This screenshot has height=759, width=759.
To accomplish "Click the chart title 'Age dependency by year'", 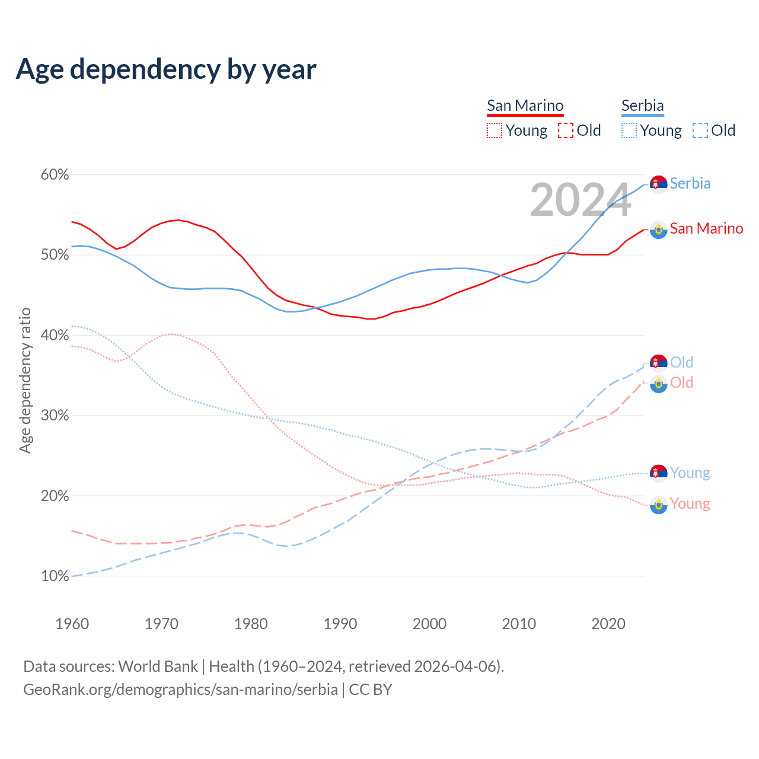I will [166, 69].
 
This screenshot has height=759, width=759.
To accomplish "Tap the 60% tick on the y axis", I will [55, 175].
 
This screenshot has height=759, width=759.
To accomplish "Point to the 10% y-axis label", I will [55, 576].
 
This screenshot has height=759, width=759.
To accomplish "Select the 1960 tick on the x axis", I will [72, 624].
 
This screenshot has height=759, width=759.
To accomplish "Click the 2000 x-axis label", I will [429, 624].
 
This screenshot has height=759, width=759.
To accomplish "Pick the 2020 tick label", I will [608, 624].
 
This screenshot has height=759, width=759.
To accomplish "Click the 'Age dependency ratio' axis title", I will [25, 380].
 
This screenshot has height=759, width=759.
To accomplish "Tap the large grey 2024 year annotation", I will [581, 200].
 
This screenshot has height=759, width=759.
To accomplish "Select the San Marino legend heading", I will [525, 106].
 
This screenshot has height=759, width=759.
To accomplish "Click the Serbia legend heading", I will [642, 106].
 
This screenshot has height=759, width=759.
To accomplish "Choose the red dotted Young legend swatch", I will [495, 130].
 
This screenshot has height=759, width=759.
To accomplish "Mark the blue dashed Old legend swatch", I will [700, 130].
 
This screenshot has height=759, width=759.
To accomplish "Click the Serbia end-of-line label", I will [690, 183].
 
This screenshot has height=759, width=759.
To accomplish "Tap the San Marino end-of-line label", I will [706, 228].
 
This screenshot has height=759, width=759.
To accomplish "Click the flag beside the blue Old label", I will [658, 362].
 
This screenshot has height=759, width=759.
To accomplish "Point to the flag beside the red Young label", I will [658, 505].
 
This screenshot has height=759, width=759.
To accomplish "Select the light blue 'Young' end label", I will [690, 473].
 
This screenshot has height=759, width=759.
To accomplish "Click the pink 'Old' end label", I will [681, 382].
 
